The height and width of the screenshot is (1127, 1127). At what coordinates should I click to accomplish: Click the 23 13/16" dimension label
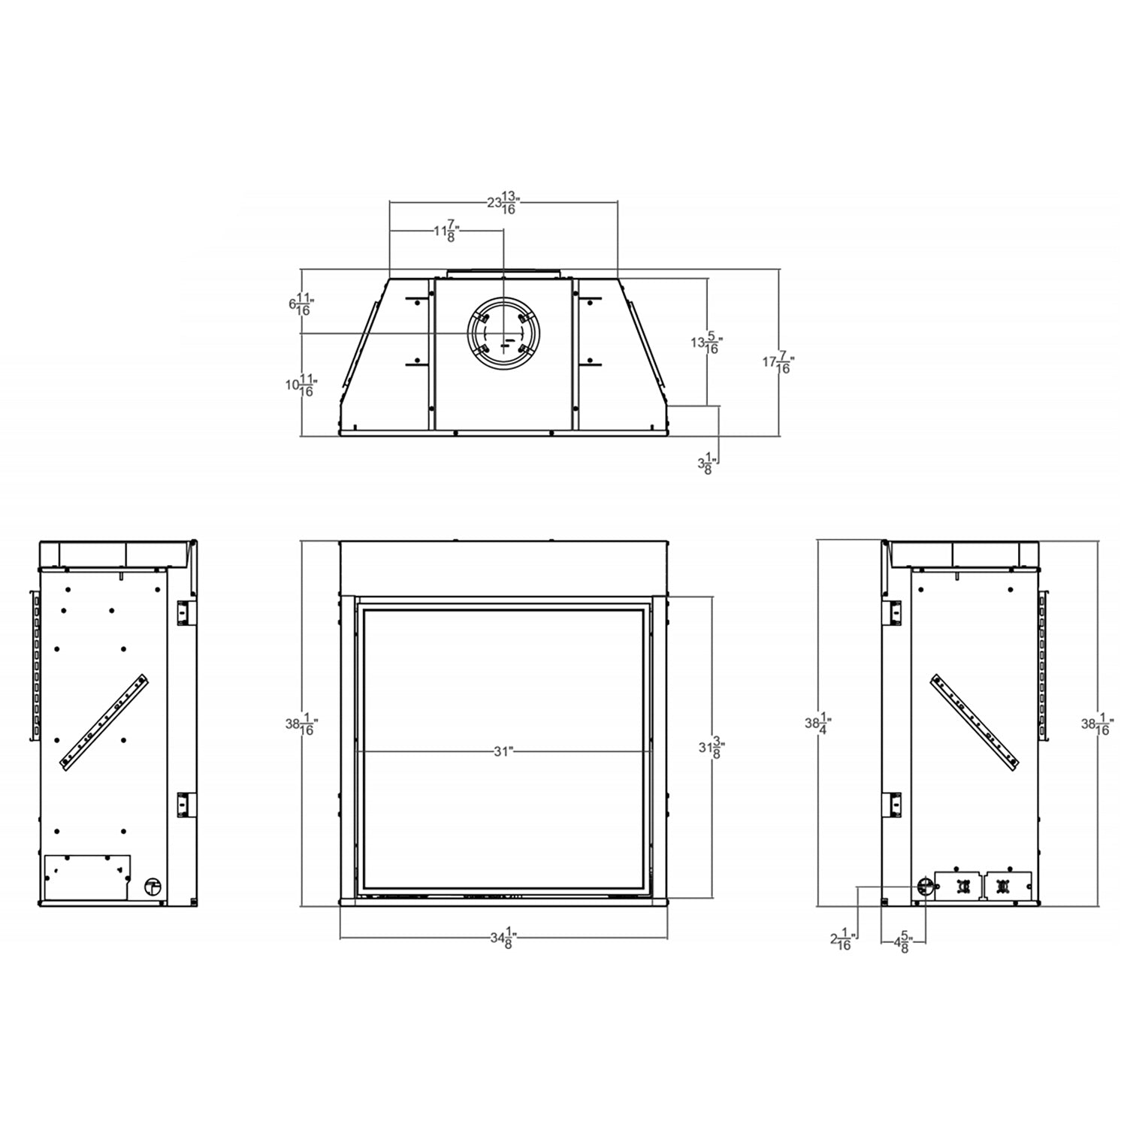(503, 203)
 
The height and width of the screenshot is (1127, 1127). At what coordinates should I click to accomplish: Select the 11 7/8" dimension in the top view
(446, 231)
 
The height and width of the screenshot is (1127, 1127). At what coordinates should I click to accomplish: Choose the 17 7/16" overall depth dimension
(778, 364)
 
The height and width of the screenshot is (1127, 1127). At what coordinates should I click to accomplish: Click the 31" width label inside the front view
(503, 751)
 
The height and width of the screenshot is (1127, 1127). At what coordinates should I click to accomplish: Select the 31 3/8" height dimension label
(711, 748)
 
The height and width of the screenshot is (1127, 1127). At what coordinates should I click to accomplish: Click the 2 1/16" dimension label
(841, 940)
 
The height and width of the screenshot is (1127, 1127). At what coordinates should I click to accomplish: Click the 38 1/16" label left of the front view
(301, 725)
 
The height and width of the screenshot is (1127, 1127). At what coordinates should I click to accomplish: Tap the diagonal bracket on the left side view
(104, 721)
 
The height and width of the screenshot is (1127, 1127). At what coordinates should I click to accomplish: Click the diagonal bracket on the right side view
(975, 721)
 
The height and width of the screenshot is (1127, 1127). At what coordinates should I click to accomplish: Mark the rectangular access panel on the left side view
(87, 877)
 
